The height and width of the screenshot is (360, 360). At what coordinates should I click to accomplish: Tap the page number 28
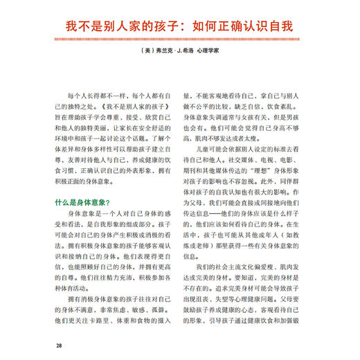[x=61, y=344]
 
